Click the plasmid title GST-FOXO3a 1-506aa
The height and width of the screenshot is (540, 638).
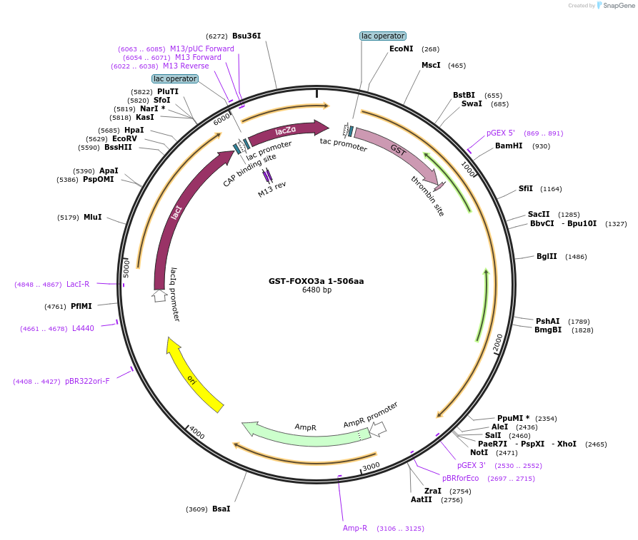316,281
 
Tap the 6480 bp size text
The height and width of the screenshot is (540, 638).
316,290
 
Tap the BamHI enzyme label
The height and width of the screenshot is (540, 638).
508,146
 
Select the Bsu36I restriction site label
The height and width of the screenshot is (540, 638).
246,36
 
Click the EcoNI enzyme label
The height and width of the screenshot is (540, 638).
401,49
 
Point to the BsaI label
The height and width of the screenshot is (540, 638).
221,509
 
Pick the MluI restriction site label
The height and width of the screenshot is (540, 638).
93,218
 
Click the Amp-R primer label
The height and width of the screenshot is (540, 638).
355,529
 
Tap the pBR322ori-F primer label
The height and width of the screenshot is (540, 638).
87,382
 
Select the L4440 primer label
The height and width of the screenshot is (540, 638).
83,329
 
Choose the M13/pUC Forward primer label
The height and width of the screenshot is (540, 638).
201,49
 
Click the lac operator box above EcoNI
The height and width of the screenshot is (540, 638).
382,36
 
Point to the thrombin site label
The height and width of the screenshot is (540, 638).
427,195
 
